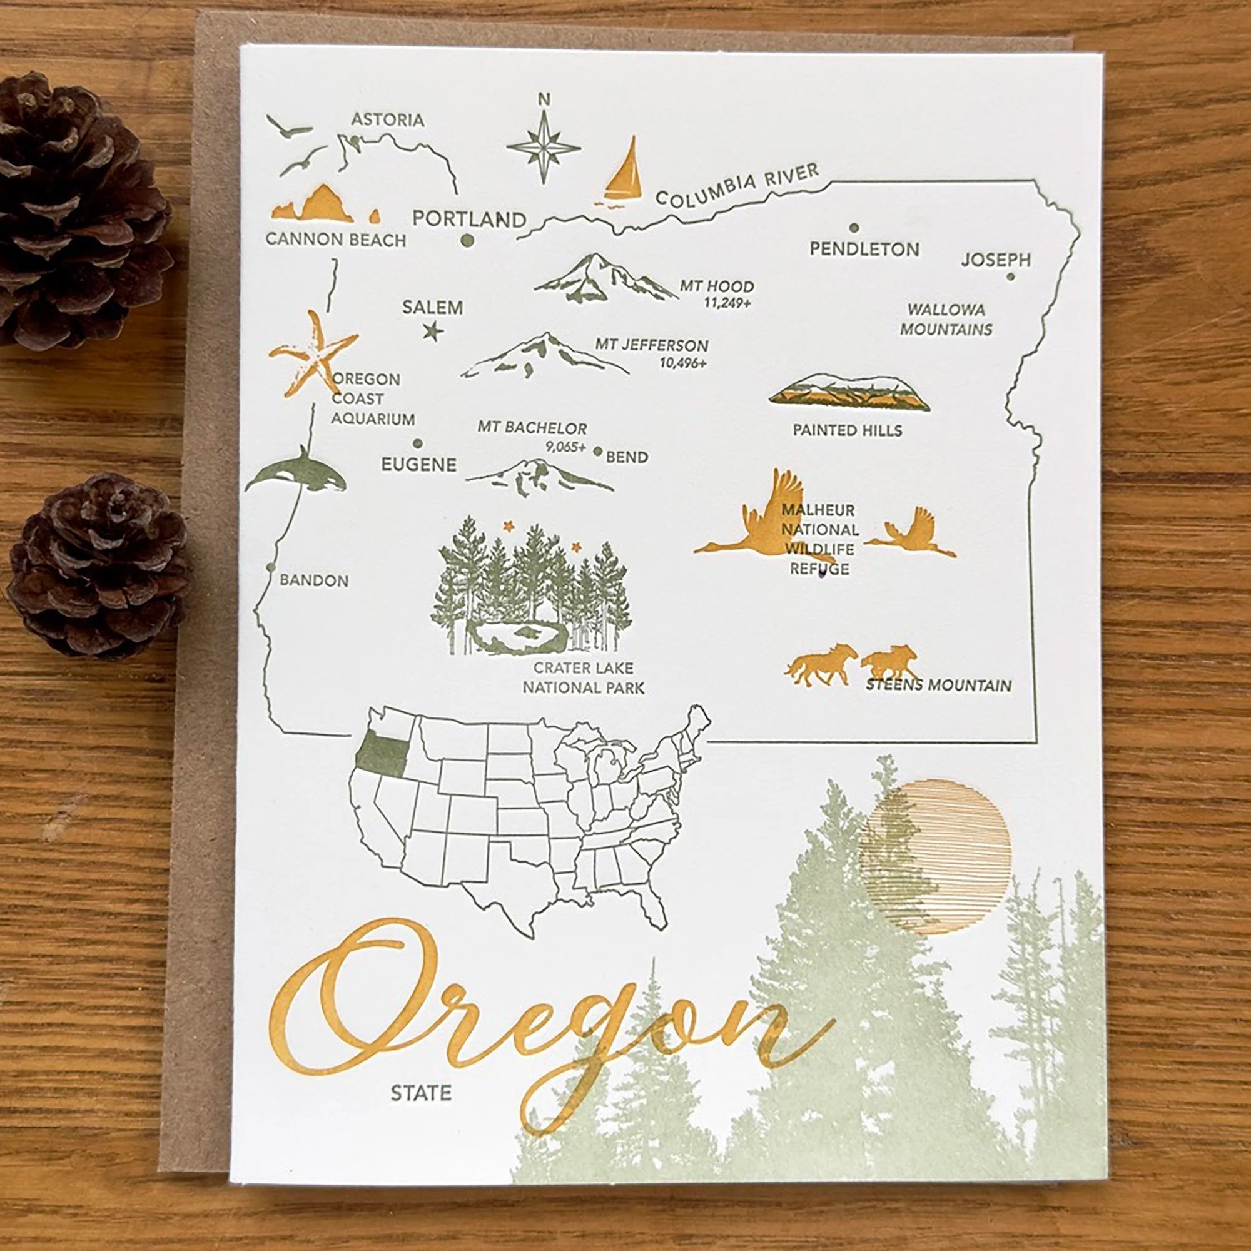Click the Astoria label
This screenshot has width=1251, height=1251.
click(x=387, y=120)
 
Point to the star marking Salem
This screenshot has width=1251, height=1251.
click(x=433, y=332)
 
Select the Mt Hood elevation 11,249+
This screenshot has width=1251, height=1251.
click(x=729, y=302)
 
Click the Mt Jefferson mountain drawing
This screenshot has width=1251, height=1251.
click(x=544, y=358)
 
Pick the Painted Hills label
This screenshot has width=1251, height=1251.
click(x=847, y=430)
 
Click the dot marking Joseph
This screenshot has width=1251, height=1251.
click(x=1010, y=277)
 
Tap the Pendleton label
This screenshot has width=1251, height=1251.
click(x=864, y=249)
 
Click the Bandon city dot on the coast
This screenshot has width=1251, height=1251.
click(x=270, y=567)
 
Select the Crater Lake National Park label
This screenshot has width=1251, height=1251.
click(x=584, y=677)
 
